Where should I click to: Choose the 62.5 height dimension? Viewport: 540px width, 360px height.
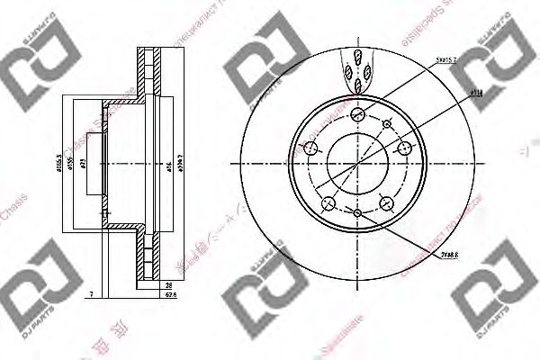pos(169,295)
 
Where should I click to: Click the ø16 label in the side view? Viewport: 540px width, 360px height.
pos(168,166)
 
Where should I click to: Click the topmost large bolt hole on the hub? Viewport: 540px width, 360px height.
pos(357,113)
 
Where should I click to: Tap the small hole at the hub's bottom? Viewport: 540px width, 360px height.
pos(357,212)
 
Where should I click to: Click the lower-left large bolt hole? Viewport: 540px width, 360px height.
pos(328,203)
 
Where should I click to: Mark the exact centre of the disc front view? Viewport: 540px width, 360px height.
pos(357,163)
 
